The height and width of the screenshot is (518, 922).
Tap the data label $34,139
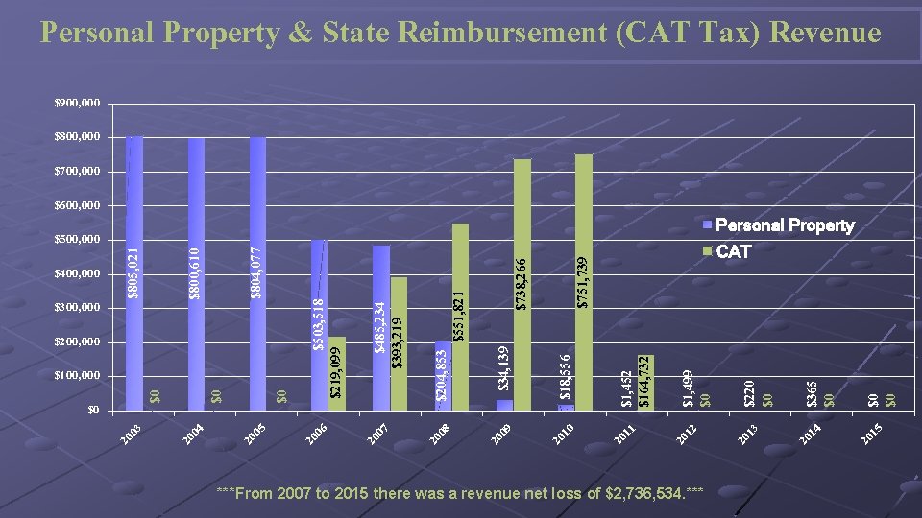tap(504, 367)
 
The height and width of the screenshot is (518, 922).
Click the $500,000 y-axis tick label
tap(75, 240)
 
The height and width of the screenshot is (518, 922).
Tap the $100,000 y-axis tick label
tap(75, 375)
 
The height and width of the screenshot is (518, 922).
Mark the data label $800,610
tap(196, 273)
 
